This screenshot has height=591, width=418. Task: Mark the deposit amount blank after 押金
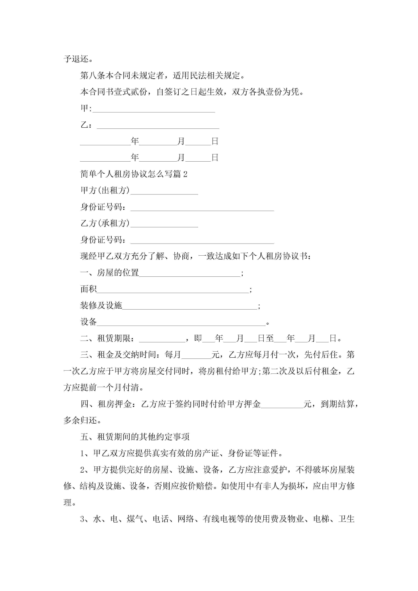pos(282,405)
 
